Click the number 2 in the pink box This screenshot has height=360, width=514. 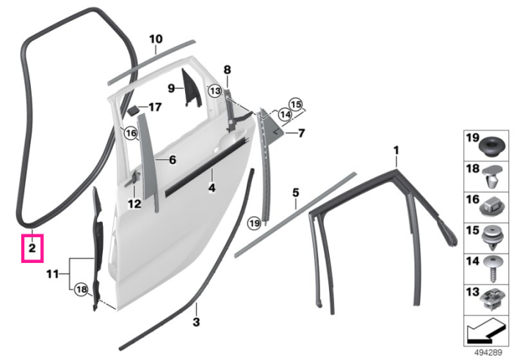click(x=32, y=248)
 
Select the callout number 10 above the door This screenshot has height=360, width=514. click(x=156, y=39)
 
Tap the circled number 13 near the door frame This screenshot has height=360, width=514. click(x=215, y=91)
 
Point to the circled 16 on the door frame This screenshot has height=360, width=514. click(x=131, y=134)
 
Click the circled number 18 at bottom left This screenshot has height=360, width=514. click(x=82, y=289)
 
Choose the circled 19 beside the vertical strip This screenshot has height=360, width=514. click(x=254, y=223)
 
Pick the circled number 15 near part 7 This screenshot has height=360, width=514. click(x=296, y=104)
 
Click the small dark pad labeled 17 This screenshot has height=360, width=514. click(x=133, y=110)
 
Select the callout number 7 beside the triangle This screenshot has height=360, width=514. click(x=301, y=133)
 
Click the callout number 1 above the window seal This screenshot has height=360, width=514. click(x=397, y=151)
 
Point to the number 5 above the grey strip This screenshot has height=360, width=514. click(x=296, y=192)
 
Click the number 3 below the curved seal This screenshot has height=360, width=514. click(x=196, y=322)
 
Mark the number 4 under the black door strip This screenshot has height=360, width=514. click(x=212, y=188)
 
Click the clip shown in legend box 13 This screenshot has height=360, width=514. click(x=491, y=300)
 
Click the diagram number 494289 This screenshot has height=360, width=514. click(x=488, y=353)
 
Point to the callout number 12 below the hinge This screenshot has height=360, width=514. click(x=134, y=204)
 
